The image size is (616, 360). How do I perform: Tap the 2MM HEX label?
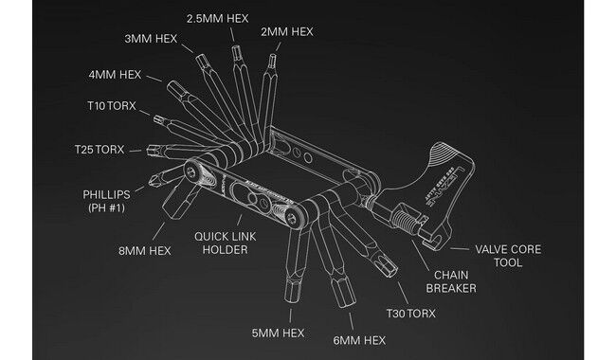(286, 31)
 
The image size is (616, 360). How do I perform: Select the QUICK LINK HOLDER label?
(221, 243)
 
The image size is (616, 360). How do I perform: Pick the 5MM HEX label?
(278, 333)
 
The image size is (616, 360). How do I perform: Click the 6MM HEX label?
(359, 339)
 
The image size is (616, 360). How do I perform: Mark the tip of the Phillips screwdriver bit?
(153, 177)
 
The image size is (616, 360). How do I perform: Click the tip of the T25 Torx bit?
(150, 149)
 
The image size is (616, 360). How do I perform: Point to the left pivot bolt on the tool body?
(196, 172)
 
